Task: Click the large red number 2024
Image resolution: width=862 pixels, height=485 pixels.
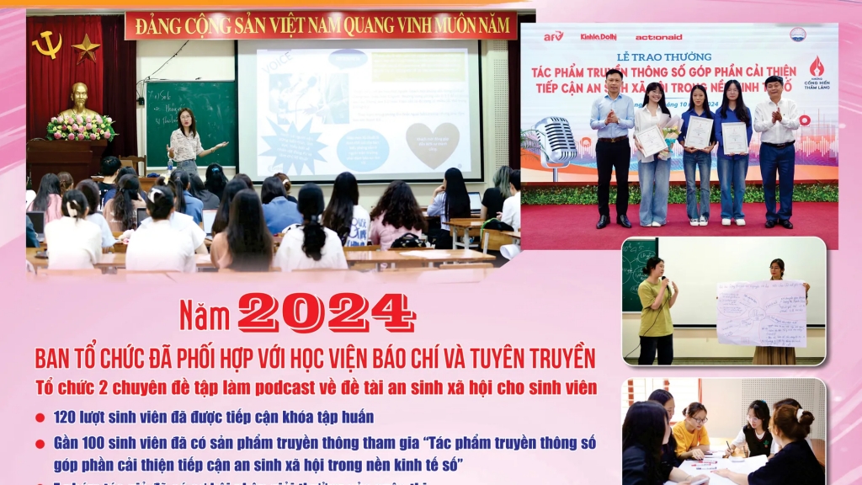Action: tap(326, 313)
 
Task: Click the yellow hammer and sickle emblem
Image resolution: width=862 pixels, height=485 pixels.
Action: tap(47, 44)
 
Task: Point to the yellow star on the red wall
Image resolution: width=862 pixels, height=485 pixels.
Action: tap(86, 48)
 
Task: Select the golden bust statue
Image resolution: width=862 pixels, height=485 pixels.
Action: tap(79, 102)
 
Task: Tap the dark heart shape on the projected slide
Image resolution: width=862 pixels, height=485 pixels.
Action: tap(433, 143)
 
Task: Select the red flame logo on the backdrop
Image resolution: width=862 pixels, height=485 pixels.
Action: tap(816, 67)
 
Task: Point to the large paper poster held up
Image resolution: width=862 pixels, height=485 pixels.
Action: tap(761, 312)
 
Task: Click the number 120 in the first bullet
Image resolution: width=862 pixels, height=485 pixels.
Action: tap(68, 417)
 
